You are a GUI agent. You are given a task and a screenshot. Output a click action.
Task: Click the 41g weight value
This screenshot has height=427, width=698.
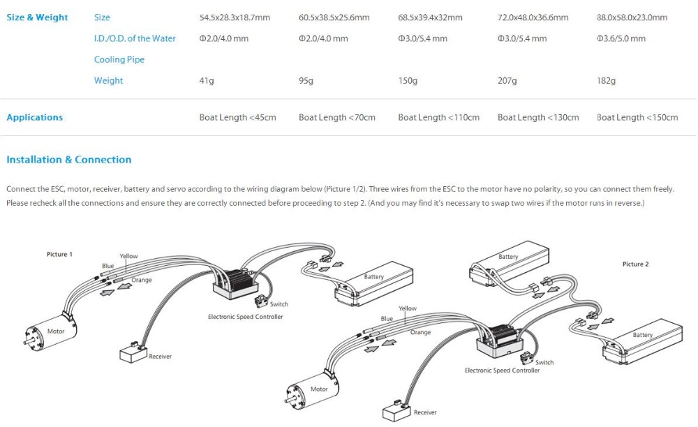coord(207,81)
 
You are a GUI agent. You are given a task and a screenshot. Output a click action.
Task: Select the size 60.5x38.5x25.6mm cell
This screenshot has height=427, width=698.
coord(334,17)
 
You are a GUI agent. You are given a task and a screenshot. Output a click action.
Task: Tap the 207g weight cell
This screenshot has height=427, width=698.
coord(507,81)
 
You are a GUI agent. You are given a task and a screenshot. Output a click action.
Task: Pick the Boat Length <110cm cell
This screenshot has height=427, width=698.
coord(438,117)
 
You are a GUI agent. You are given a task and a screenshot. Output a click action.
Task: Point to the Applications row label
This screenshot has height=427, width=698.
coord(34,117)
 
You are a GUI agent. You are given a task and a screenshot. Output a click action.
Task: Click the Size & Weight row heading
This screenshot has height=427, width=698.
coord(37,17)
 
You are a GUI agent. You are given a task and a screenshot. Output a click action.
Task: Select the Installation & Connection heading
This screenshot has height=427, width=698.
coord(68,160)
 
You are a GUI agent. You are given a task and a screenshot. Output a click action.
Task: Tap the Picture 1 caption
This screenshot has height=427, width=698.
coord(59,255)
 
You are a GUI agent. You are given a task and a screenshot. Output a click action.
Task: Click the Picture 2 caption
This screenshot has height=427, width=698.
coord(635,264)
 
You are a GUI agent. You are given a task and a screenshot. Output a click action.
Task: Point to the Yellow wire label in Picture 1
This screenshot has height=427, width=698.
coord(129,256)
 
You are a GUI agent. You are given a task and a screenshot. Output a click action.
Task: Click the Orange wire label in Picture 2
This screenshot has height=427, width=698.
coord(420,333)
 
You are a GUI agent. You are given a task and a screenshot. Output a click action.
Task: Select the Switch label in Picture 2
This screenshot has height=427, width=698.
coord(544,362)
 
